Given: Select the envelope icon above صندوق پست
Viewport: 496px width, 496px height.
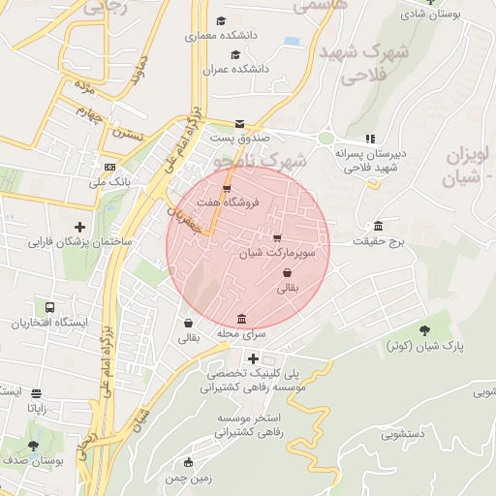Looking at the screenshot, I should pos(239,123).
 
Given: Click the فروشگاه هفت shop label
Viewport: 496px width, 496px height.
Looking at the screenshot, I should pos(232,202).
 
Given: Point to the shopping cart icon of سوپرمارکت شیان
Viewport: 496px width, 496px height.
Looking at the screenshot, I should pos(278,237).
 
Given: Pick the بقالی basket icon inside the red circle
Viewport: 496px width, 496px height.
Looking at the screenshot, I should pos(288,273).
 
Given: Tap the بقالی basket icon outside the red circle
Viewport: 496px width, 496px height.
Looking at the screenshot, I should pos(187,323).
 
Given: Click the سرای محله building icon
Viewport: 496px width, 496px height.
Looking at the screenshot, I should pos(241,320).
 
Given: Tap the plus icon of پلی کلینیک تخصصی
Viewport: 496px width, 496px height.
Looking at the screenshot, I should pos(253,359).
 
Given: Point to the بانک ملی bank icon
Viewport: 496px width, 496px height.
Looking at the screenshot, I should pos(109,167).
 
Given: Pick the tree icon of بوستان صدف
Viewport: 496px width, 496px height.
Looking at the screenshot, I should pos(33,446).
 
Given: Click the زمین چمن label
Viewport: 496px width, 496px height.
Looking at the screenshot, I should pos(188,478).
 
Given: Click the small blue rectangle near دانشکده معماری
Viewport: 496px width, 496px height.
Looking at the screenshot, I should pos(292,41).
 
